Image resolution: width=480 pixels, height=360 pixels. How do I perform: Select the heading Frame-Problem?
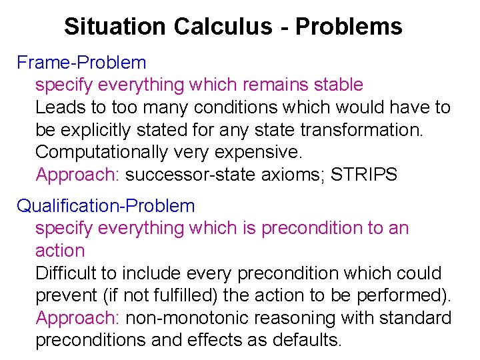pos(81,63)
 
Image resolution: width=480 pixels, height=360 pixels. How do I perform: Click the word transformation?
pos(359,130)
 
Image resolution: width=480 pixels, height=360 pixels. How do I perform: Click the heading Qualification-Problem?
pos(106,206)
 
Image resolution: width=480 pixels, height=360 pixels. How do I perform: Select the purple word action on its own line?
pos(60,251)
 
